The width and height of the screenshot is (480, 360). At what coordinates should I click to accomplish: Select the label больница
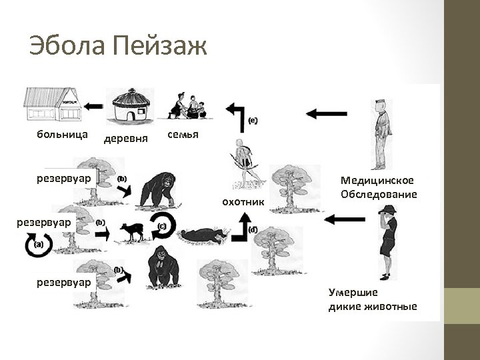[63, 135]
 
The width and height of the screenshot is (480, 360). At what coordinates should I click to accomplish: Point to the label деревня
[127, 139]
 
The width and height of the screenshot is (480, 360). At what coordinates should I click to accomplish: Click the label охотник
[242, 201]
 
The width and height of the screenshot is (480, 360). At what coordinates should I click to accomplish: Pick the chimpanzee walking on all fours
[157, 189]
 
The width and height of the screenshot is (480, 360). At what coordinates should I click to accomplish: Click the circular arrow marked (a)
[35, 245]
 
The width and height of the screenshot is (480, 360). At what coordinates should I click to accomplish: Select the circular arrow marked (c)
[163, 227]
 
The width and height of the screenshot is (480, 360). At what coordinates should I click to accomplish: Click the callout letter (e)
[253, 120]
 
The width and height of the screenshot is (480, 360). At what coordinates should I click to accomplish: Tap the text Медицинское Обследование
[378, 187]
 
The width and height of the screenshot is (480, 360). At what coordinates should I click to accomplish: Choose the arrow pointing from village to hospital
[94, 105]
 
